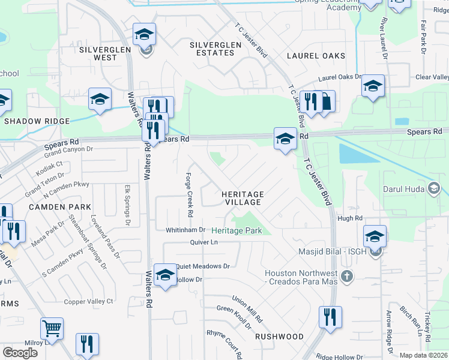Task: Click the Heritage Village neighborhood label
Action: (243, 199)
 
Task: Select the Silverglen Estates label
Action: (215, 49)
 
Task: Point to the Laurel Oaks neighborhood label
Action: (316, 56)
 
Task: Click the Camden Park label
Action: (58, 206)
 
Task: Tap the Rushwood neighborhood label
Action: (279, 337)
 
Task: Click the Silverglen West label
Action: (97, 53)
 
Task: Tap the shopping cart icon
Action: (52, 328)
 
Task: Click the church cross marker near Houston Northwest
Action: (346, 277)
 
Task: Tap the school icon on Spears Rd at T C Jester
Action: (285, 139)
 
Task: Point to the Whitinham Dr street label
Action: (185, 230)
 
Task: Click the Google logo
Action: (20, 353)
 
